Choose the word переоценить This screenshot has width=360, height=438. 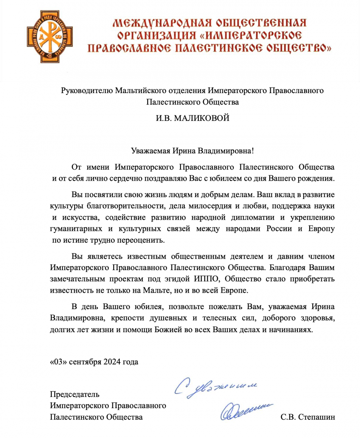tap(143, 241)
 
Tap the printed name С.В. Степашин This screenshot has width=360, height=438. tap(307, 417)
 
